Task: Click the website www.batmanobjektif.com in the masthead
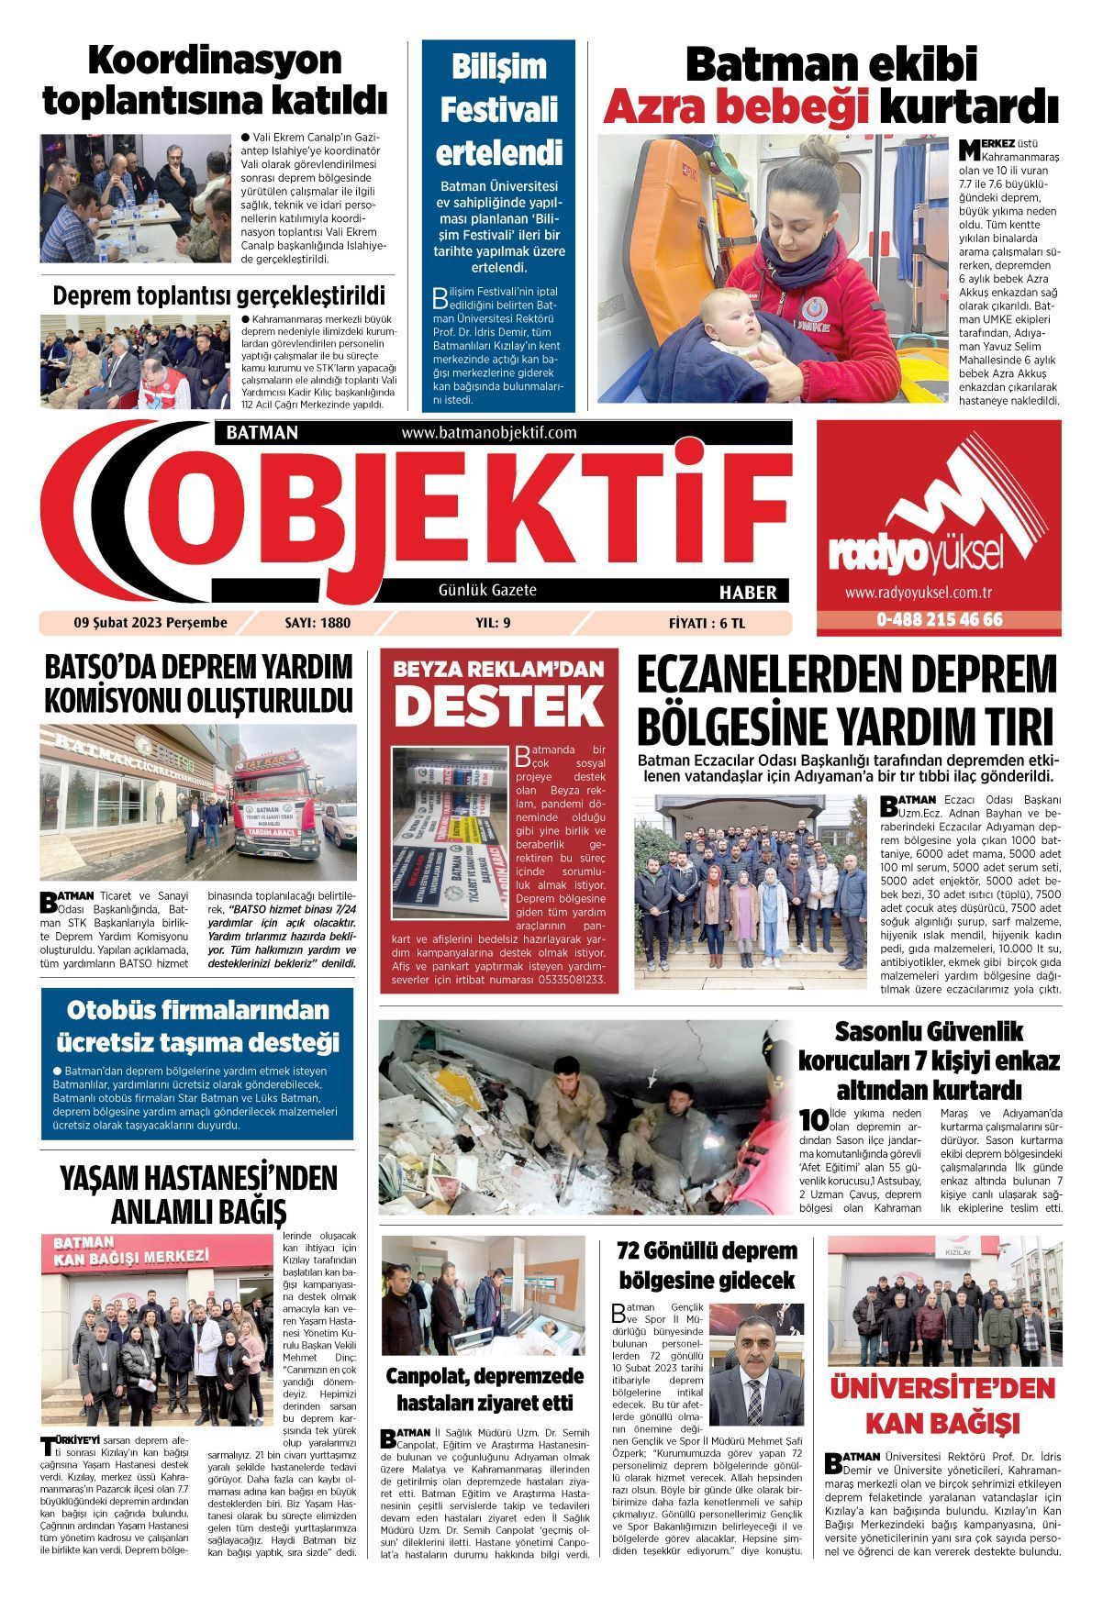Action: pos(488,432)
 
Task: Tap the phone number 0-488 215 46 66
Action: pos(939,620)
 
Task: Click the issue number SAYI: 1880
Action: pos(318,623)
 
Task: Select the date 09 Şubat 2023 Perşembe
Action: pos(150,623)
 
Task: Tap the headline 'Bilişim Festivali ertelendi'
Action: pos(499,109)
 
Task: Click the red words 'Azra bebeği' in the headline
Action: pos(735,108)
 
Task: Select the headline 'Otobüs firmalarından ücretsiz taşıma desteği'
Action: pos(197,1026)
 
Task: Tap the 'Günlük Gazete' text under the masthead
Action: pos(487,591)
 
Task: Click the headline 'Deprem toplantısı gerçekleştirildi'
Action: pos(219,295)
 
